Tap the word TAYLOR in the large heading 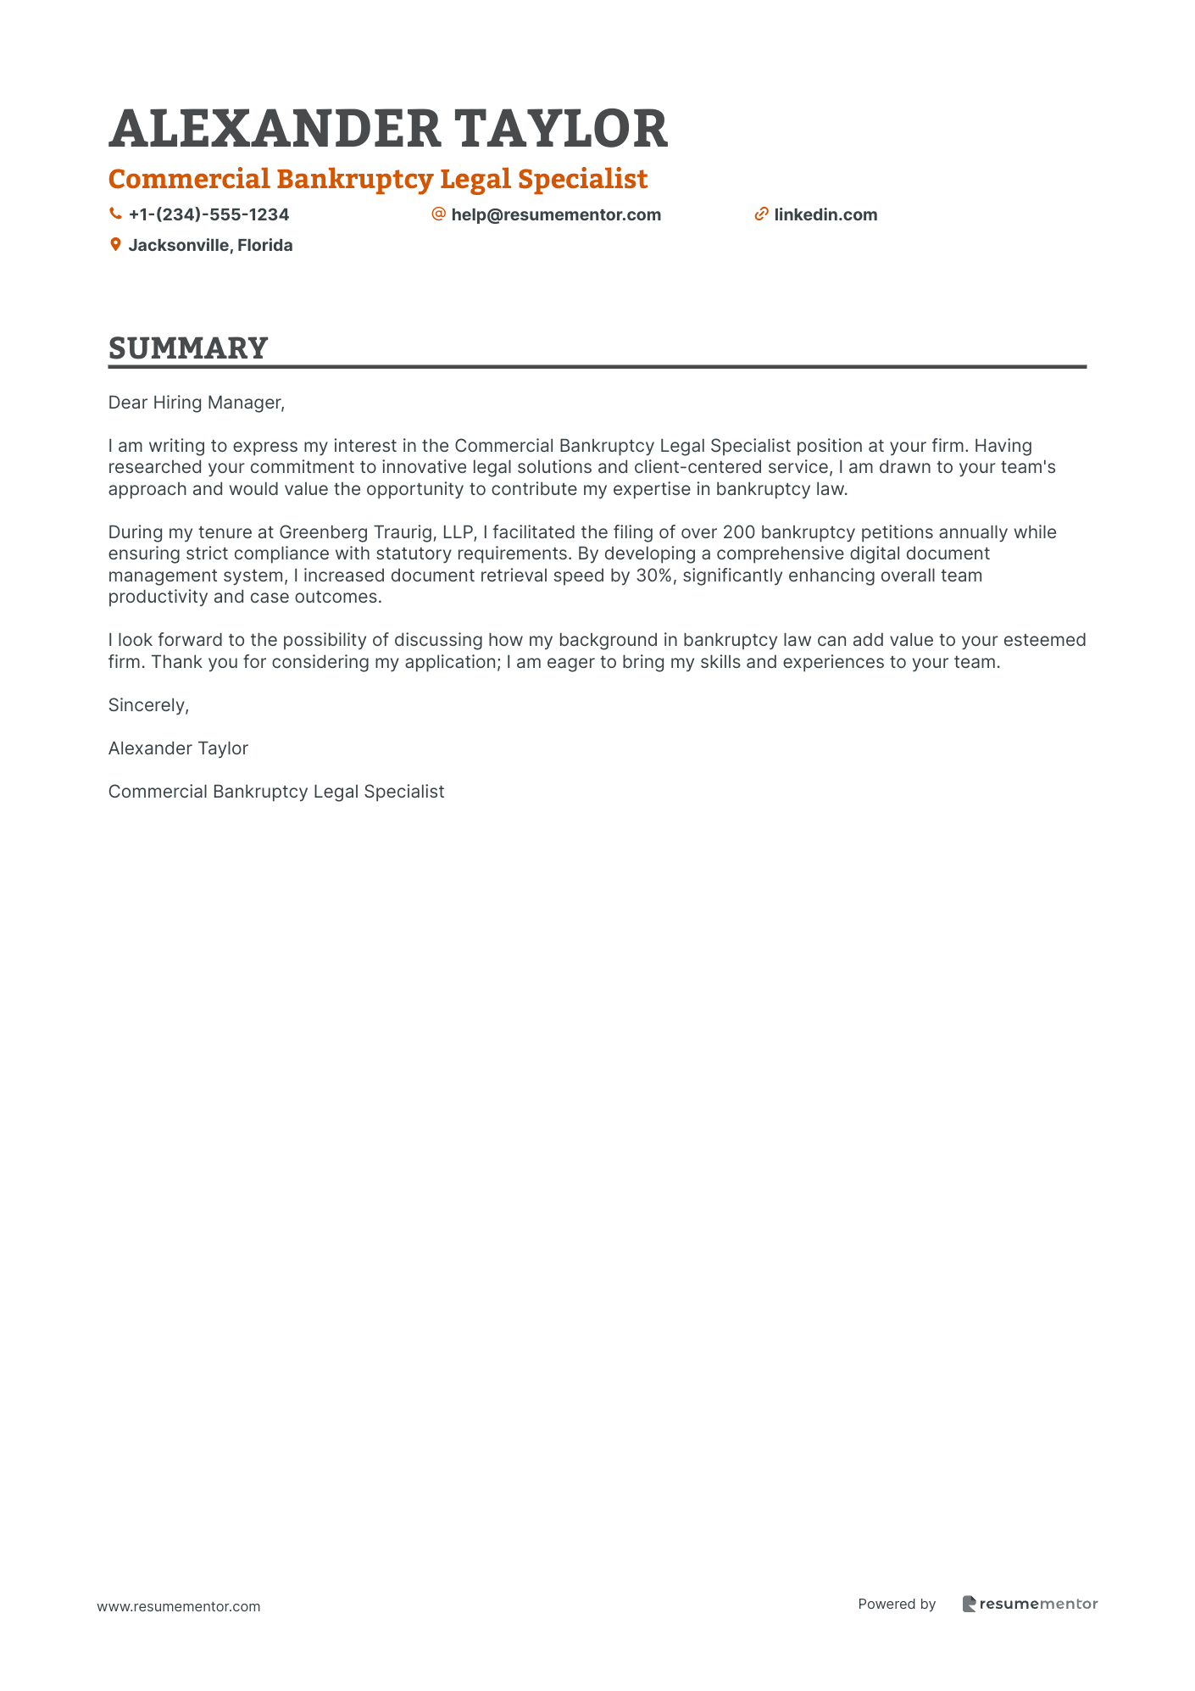(x=561, y=130)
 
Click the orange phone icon (x=115, y=214)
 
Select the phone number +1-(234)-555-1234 (x=208, y=214)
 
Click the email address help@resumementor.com (x=556, y=214)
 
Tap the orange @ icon (x=438, y=214)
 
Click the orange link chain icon (x=761, y=214)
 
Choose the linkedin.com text (x=825, y=214)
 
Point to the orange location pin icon (x=115, y=245)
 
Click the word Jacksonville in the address (x=178, y=245)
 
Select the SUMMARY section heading (x=188, y=348)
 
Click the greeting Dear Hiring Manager (x=196, y=403)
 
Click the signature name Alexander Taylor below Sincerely (x=178, y=748)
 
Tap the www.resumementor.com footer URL (x=179, y=1606)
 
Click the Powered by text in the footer (x=897, y=1604)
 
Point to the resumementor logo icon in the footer (x=969, y=1604)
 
